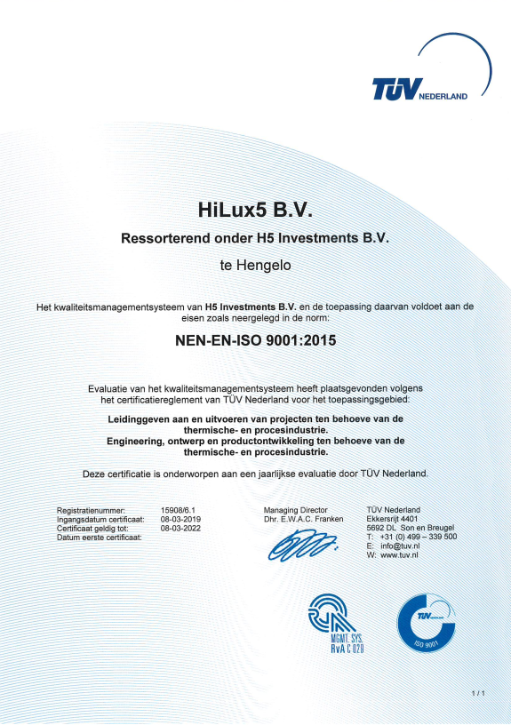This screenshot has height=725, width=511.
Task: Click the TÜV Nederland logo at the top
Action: (418, 90)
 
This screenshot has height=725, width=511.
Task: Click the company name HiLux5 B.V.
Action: (255, 211)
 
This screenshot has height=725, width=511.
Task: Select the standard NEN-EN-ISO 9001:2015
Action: (255, 338)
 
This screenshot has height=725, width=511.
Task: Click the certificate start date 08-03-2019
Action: (181, 519)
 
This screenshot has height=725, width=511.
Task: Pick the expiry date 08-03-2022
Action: (181, 528)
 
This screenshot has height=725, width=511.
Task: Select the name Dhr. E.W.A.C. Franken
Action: (303, 519)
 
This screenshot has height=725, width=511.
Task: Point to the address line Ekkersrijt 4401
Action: (392, 519)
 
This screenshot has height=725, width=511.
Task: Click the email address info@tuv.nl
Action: (400, 546)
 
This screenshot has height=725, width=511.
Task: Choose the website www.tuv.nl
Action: (400, 555)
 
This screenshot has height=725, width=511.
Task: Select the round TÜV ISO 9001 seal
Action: (429, 623)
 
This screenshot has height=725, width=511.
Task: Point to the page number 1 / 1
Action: (478, 692)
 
